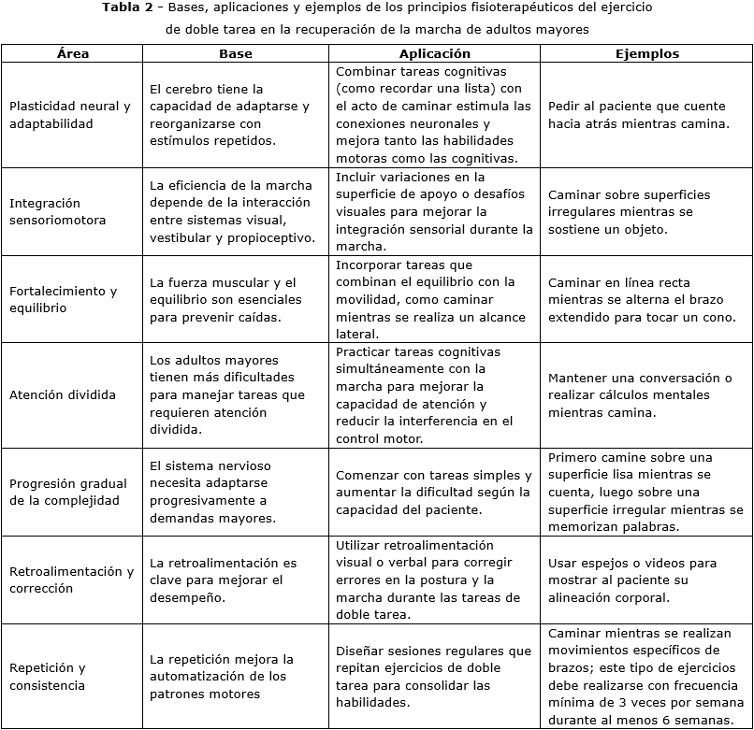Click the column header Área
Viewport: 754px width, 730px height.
tap(72, 54)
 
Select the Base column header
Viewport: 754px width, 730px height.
tap(236, 54)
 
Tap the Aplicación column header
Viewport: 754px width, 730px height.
tap(434, 54)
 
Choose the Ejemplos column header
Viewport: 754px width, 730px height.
tap(646, 54)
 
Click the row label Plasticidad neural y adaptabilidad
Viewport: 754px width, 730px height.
tap(70, 115)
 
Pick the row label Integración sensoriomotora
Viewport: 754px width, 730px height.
tap(58, 211)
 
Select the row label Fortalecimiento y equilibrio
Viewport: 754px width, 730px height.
tap(64, 299)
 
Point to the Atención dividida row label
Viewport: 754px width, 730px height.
tap(63, 394)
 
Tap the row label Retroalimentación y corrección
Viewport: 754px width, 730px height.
tap(71, 580)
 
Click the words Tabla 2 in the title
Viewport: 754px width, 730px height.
tap(130, 7)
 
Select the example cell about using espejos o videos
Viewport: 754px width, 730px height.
tap(632, 580)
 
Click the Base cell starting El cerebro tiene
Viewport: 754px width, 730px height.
tap(229, 115)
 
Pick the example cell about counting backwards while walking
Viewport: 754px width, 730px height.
tap(638, 115)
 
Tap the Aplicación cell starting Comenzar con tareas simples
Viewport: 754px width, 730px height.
tap(433, 492)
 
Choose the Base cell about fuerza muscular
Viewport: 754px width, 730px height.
tap(225, 299)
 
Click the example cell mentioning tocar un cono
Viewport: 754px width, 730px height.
tap(642, 299)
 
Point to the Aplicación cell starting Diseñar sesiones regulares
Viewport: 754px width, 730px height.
tap(433, 677)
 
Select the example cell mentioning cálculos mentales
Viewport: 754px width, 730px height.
tap(640, 394)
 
